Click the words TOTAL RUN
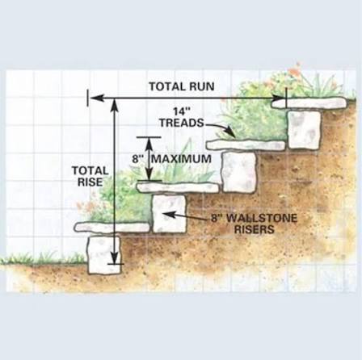182,86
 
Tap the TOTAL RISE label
90,176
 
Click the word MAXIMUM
181,159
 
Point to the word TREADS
182,123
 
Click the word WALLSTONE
262,218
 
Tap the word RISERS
255,229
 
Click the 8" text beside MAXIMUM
137,159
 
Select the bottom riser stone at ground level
104,254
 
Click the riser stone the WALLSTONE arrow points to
169,214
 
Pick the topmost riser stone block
305,129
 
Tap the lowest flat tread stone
112,228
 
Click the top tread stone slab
309,103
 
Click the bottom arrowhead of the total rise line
115,258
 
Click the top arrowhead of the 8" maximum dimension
149,143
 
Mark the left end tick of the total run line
87,98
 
